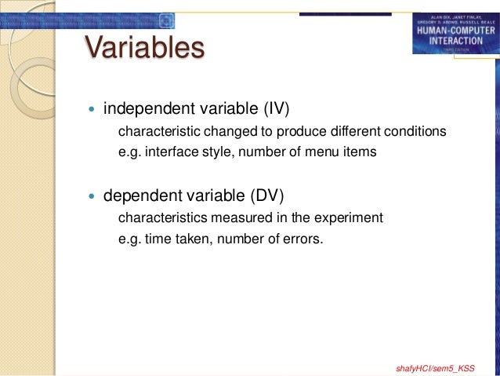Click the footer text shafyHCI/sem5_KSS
tap(437, 367)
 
